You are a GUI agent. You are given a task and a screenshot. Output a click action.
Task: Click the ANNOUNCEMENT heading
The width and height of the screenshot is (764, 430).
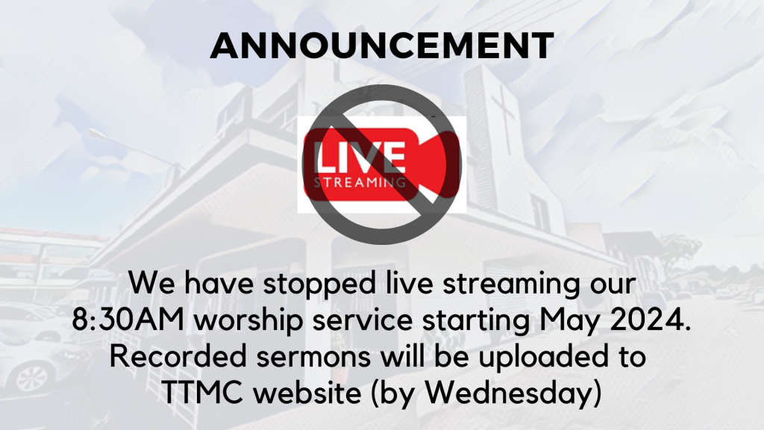[382, 46]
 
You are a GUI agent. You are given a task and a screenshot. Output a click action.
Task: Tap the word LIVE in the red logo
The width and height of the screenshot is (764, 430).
[361, 157]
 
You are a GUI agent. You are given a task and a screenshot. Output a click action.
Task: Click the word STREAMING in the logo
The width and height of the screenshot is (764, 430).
[360, 184]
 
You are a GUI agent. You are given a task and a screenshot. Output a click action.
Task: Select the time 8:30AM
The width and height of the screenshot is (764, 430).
[128, 320]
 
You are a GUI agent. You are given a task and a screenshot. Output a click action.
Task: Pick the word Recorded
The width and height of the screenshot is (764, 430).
[178, 356]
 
